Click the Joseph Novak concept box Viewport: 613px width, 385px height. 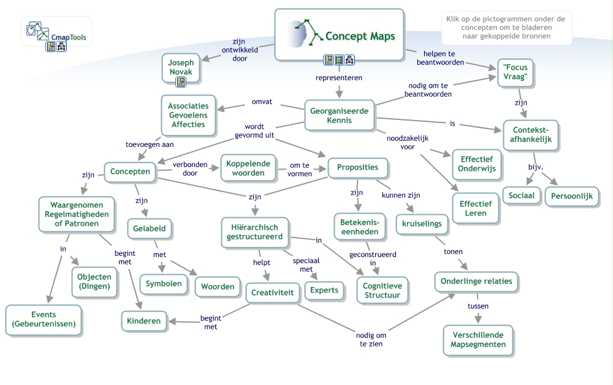click(x=181, y=67)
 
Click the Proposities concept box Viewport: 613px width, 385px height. click(x=357, y=168)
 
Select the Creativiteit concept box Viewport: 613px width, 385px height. click(x=273, y=293)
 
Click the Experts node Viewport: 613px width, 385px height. click(x=324, y=290)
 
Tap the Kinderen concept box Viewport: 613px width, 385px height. click(x=144, y=321)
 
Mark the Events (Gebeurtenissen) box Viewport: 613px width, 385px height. click(x=44, y=320)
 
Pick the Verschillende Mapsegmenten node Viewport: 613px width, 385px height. click(x=478, y=340)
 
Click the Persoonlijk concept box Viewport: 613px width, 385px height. click(x=572, y=197)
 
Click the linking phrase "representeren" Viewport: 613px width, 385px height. click(x=338, y=78)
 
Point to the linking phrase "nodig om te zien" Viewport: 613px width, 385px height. click(x=371, y=339)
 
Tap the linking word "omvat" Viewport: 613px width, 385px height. click(x=262, y=102)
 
